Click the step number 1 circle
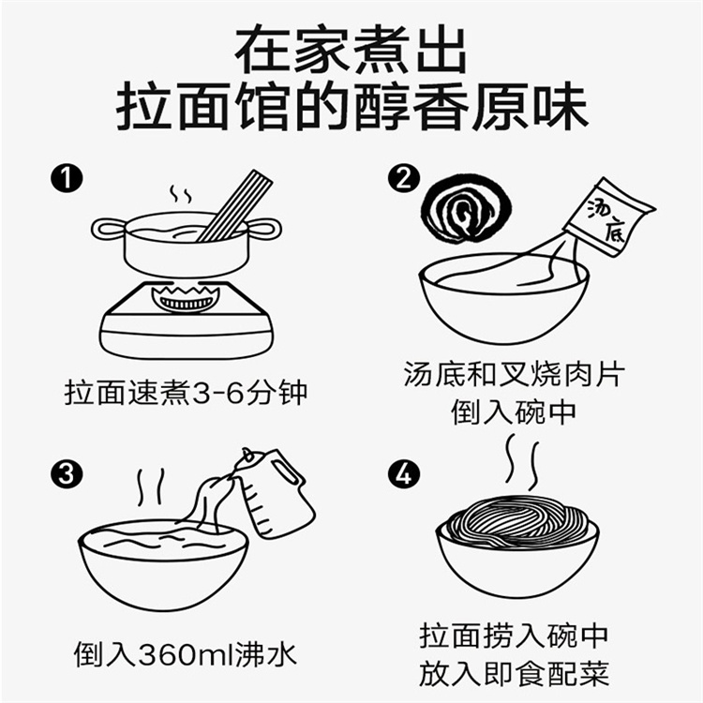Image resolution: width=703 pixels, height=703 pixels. [x=67, y=178]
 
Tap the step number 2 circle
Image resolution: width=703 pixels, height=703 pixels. [x=403, y=178]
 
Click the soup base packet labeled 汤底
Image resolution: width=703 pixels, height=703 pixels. [x=609, y=217]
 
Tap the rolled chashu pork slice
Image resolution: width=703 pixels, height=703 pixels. [x=466, y=211]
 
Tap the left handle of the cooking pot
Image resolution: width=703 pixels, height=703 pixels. [x=109, y=230]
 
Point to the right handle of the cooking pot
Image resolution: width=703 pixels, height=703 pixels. [x=264, y=229]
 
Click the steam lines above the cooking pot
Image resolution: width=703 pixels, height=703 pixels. [x=180, y=194]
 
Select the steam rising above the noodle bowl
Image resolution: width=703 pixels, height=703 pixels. [x=522, y=462]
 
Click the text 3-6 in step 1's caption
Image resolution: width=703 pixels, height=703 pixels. [x=218, y=393]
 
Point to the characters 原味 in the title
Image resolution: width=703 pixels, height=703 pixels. [x=529, y=107]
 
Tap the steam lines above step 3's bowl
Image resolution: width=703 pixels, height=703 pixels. [x=151, y=486]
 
